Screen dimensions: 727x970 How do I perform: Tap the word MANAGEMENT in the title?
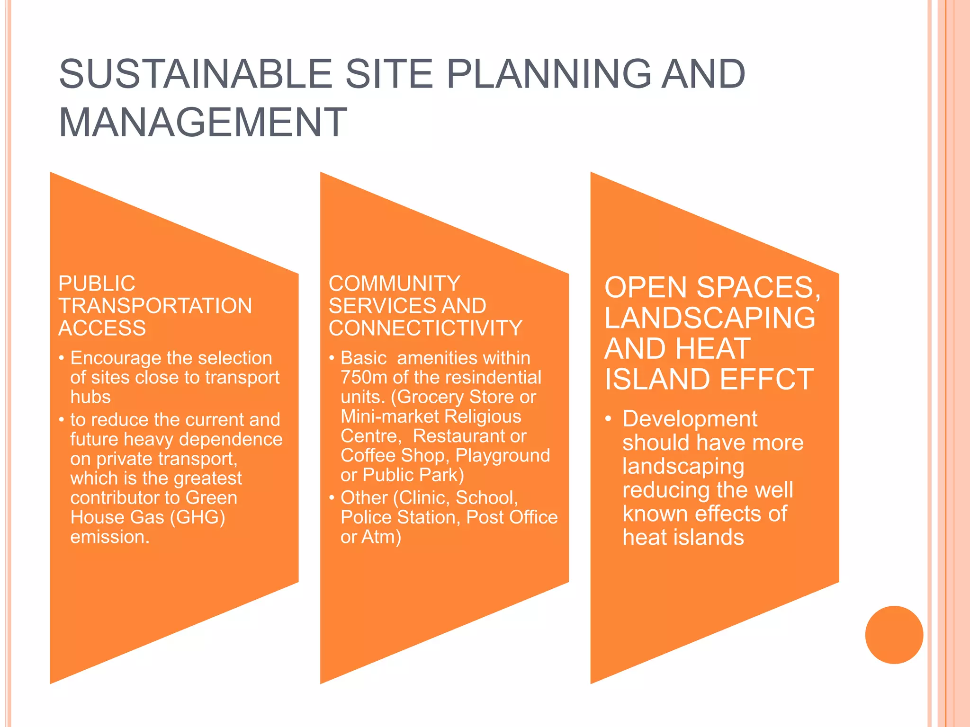[203, 123]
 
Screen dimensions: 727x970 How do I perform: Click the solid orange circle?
[894, 635]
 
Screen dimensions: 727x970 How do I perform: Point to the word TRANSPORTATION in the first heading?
[155, 306]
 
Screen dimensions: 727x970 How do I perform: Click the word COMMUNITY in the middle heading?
[395, 284]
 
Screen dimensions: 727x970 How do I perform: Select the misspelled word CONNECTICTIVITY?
[425, 328]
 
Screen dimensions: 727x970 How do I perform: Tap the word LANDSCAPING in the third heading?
[710, 318]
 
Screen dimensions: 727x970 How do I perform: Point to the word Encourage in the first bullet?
[116, 358]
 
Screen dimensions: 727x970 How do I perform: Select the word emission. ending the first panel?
[110, 537]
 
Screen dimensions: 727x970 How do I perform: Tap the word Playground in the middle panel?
[503, 455]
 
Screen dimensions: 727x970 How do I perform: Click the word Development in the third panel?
[690, 419]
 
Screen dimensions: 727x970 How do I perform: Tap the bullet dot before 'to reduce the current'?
[62, 420]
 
